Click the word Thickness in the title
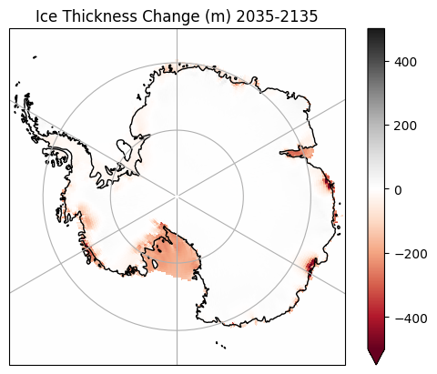click(100, 16)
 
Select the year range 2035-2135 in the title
click(277, 16)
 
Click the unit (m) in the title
click(218, 16)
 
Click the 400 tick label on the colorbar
click(405, 62)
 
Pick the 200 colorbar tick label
click(405, 126)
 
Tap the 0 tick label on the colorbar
click(398, 190)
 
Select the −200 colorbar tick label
click(411, 254)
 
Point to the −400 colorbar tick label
click(411, 318)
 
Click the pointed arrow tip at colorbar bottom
click(376, 364)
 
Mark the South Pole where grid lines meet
click(177, 197)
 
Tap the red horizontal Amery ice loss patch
click(298, 153)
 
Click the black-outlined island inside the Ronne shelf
click(124, 147)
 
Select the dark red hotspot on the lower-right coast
click(310, 265)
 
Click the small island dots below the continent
click(221, 345)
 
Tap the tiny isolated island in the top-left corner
click(35, 56)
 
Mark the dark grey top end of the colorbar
click(376, 32)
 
